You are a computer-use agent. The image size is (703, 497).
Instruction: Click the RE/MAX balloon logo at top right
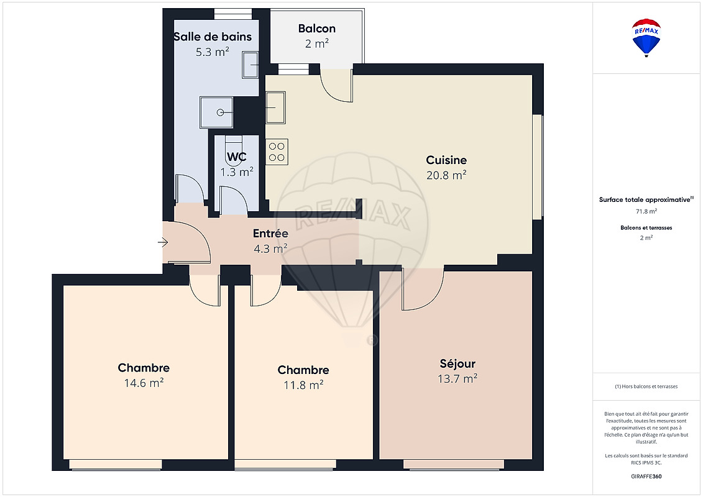point(646,38)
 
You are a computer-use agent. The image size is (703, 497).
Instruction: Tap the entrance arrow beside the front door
point(163,242)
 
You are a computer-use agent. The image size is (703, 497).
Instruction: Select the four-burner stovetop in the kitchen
point(277,152)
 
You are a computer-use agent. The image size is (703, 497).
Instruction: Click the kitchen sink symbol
point(275,107)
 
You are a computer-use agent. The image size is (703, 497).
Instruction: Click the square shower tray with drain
point(216,112)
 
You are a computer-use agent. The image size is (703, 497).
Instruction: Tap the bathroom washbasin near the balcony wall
point(250,65)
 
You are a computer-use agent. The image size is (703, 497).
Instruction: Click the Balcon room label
point(317,28)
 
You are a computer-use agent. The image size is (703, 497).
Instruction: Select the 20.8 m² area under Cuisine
point(446,175)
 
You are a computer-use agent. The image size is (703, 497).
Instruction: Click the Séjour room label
point(457,363)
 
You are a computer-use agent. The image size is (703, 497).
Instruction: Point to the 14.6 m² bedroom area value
point(144,383)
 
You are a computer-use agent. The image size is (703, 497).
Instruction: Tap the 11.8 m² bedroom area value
point(303,385)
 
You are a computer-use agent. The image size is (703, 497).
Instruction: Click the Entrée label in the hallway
point(270,233)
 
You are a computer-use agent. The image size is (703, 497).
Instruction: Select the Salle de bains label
point(213,37)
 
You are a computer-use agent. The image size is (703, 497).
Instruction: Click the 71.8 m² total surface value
point(646,211)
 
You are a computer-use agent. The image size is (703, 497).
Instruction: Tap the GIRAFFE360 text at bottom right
point(646,476)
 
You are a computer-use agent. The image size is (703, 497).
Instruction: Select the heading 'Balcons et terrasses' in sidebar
point(646,227)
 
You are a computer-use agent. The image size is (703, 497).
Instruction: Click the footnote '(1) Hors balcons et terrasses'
point(646,386)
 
